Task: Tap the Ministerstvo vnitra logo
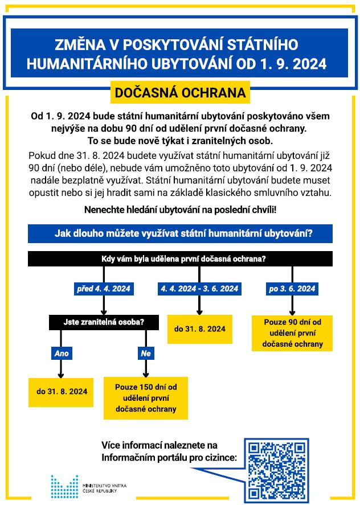click(x=64, y=487)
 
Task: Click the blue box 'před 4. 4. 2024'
click(x=104, y=289)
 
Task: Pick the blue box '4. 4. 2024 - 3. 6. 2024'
click(x=199, y=289)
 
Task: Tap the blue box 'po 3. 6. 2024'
click(x=292, y=289)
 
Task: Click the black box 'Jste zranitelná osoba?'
click(x=104, y=322)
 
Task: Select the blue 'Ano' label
click(x=61, y=354)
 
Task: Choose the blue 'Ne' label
click(x=145, y=354)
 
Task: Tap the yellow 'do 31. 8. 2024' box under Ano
click(x=62, y=392)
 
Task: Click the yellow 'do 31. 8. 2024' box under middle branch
click(x=199, y=329)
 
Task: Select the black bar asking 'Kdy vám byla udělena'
click(x=180, y=258)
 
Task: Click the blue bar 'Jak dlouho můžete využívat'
click(x=180, y=233)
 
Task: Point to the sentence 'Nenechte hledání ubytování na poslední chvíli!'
click(x=180, y=210)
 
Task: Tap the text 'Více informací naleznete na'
click(x=159, y=444)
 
